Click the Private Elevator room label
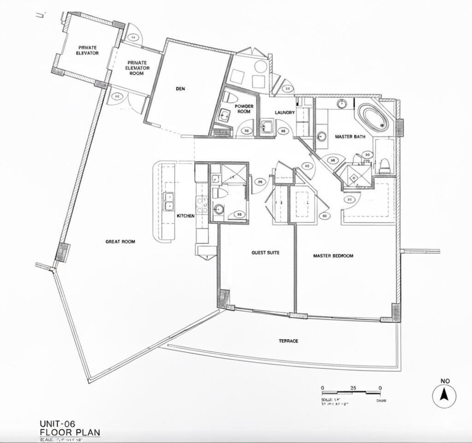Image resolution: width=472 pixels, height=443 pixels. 88,50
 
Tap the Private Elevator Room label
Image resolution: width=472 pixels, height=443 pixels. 137,67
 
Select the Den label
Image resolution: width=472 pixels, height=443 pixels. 180,89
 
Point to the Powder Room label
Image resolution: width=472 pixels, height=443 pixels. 244,108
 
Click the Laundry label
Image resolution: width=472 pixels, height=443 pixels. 285,112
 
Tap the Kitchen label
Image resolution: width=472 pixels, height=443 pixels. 185,216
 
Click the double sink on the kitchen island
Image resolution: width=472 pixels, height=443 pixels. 168,201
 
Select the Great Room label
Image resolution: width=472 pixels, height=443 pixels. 120,241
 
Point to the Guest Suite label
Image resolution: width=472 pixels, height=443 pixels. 265,252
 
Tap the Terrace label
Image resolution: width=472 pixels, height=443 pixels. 288,341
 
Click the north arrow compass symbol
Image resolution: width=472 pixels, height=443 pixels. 444,395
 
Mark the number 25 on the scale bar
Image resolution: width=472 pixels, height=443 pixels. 352,388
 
